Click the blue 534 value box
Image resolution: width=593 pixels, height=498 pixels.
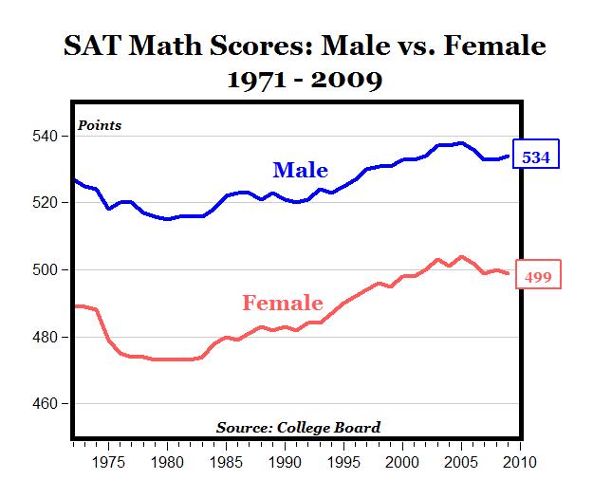pos(536,157)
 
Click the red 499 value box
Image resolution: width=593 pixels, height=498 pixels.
pos(537,277)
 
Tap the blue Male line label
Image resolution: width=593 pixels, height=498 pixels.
pos(300,171)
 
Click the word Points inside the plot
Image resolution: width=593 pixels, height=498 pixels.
pos(100,126)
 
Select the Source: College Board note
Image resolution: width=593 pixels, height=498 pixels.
pos(298,428)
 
